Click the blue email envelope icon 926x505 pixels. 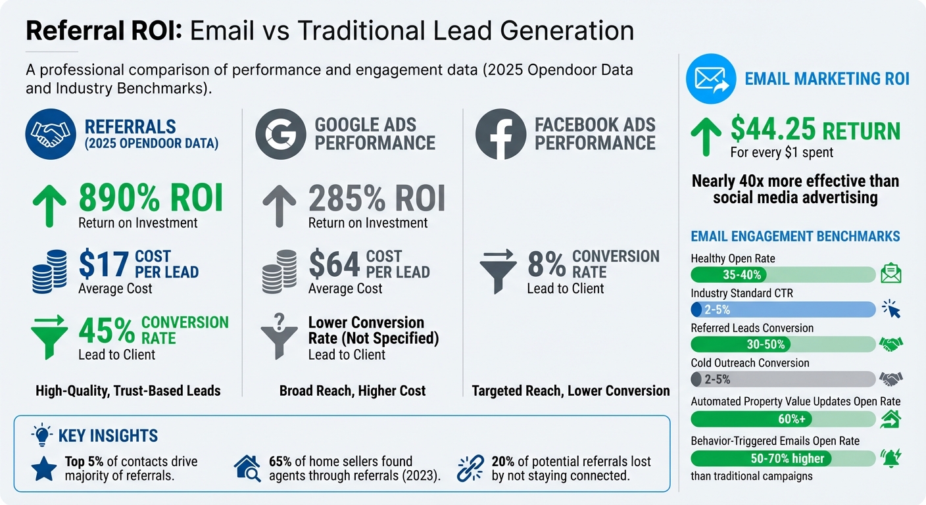[710, 80]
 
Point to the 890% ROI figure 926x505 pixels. [150, 198]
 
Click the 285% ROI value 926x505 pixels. [376, 198]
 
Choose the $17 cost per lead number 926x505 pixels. [103, 264]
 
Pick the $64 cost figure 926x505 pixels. [334, 264]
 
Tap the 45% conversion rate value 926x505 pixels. [107, 330]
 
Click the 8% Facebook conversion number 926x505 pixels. [546, 264]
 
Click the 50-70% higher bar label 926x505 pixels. [787, 458]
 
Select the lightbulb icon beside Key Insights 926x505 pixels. [41, 435]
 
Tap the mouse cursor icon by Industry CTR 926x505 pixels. [890, 308]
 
